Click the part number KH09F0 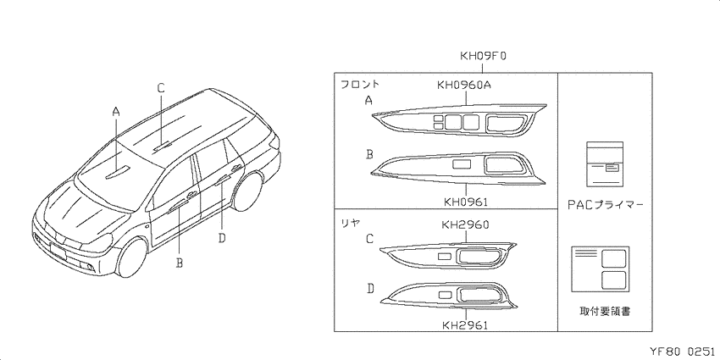tap(483, 57)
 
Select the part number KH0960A tap(467, 85)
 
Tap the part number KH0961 tap(466, 202)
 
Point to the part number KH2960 tap(465, 224)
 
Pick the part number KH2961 tap(465, 325)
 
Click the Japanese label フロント tap(360, 84)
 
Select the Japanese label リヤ tap(350, 223)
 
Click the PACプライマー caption tap(605, 205)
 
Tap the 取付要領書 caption tap(605, 312)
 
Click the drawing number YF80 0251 tap(681, 352)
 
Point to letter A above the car tap(116, 111)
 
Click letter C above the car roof tap(161, 88)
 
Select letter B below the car tap(180, 263)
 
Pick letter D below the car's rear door tap(222, 238)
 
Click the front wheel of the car tap(133, 257)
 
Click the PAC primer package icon tap(605, 163)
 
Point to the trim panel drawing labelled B tap(458, 168)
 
